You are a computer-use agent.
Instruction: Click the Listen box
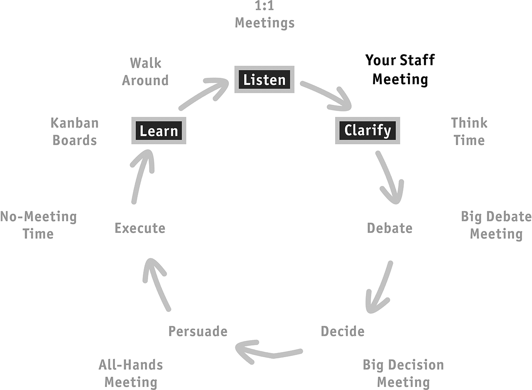point(264,79)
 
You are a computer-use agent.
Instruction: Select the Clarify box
point(368,131)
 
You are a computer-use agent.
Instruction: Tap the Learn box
point(159,131)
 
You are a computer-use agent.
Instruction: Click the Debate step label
point(390,228)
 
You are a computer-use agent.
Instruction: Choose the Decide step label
point(343,331)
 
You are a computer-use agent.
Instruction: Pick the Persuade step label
point(198,331)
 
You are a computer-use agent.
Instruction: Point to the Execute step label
point(140,228)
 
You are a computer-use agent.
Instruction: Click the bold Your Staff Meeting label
point(400,70)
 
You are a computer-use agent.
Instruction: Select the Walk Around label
point(145,72)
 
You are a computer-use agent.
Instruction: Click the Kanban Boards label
point(75,131)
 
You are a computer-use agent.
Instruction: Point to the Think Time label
point(469,131)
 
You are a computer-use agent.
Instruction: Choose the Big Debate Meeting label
point(496,225)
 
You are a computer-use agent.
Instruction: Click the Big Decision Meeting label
point(403,373)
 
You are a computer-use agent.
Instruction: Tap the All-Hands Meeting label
point(131,373)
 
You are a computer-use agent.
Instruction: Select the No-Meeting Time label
point(38,225)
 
